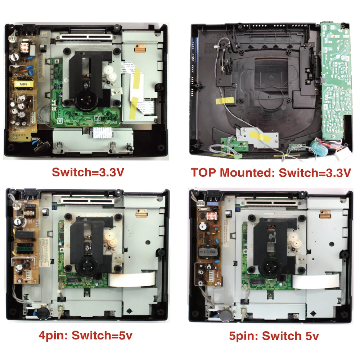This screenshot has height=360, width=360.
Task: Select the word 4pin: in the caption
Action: [x=54, y=336]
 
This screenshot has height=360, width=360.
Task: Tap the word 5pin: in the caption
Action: [x=243, y=336]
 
